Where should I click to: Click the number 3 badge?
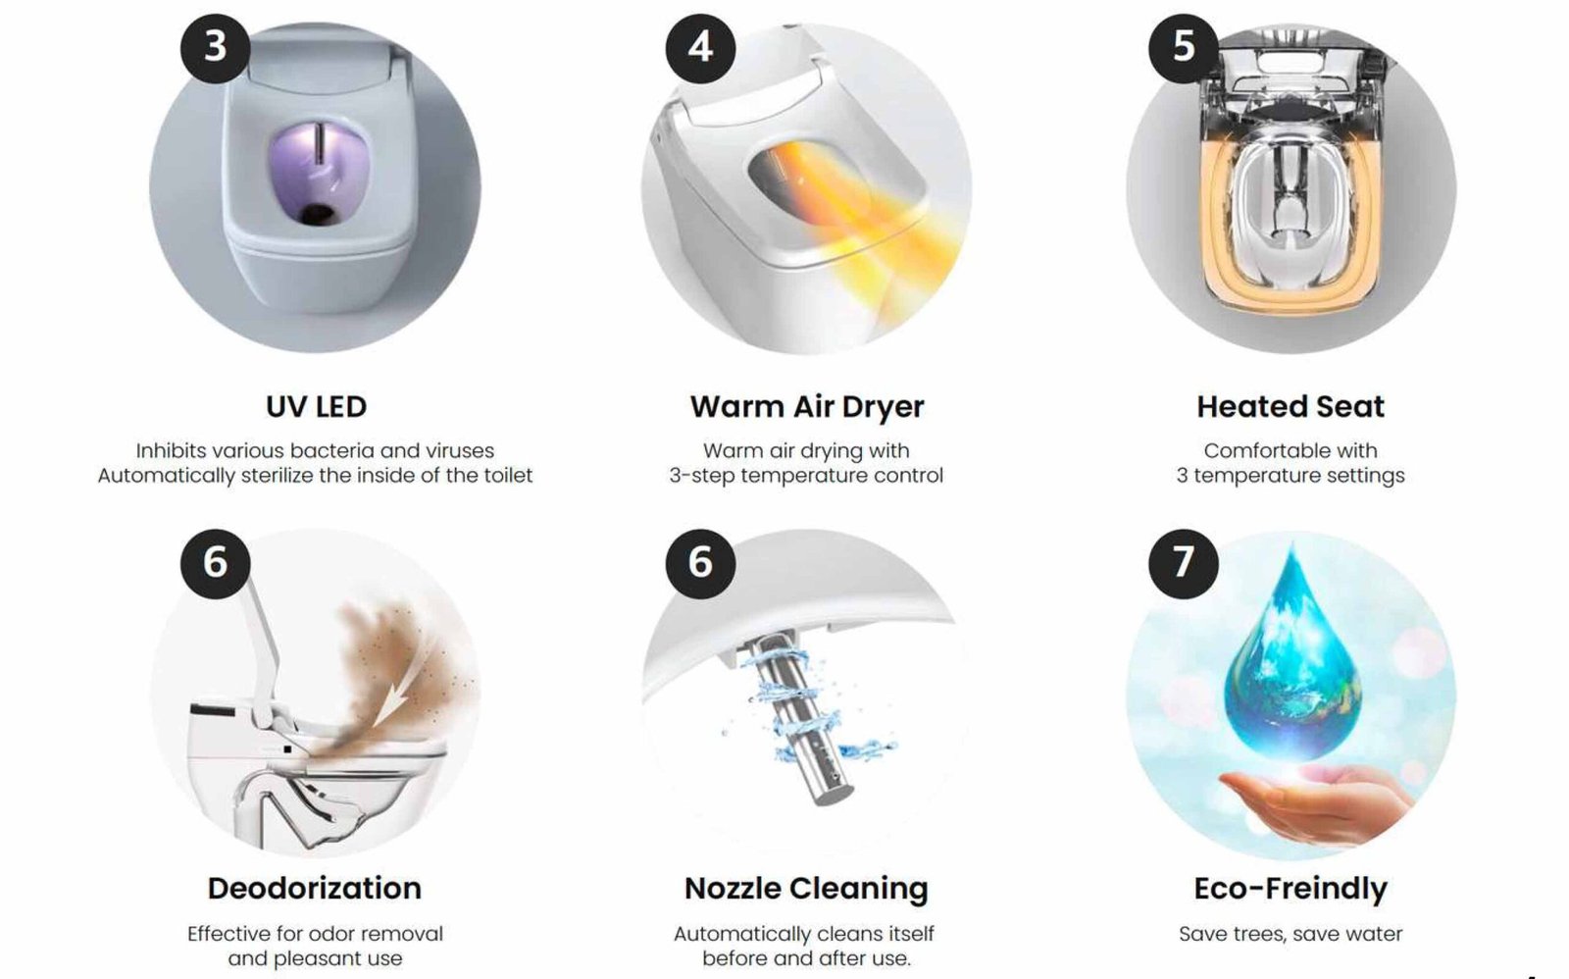(215, 48)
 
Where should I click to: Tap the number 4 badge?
(700, 48)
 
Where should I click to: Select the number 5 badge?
(1183, 48)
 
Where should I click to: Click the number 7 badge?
(1183, 563)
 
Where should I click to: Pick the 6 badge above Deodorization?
(215, 563)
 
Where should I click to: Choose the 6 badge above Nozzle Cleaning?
(700, 563)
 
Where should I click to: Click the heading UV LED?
(316, 406)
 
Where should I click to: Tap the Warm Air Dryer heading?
(807, 407)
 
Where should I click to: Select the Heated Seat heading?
(1291, 406)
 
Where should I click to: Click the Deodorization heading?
(315, 888)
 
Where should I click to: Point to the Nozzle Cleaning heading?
(806, 889)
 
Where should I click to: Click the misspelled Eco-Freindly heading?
(1291, 889)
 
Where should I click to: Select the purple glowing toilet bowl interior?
(320, 176)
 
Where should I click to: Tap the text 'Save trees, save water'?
(1291, 934)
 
